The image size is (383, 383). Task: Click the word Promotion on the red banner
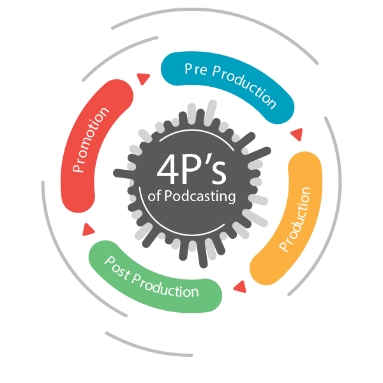pyautogui.click(x=91, y=140)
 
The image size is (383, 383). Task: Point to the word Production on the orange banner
pyautogui.click(x=296, y=220)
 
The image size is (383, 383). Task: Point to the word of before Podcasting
pyautogui.click(x=155, y=198)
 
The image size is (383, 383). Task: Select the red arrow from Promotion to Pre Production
pyautogui.click(x=142, y=79)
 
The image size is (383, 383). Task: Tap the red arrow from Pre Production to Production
pyautogui.click(x=296, y=135)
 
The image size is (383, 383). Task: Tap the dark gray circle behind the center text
pyautogui.click(x=191, y=223)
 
